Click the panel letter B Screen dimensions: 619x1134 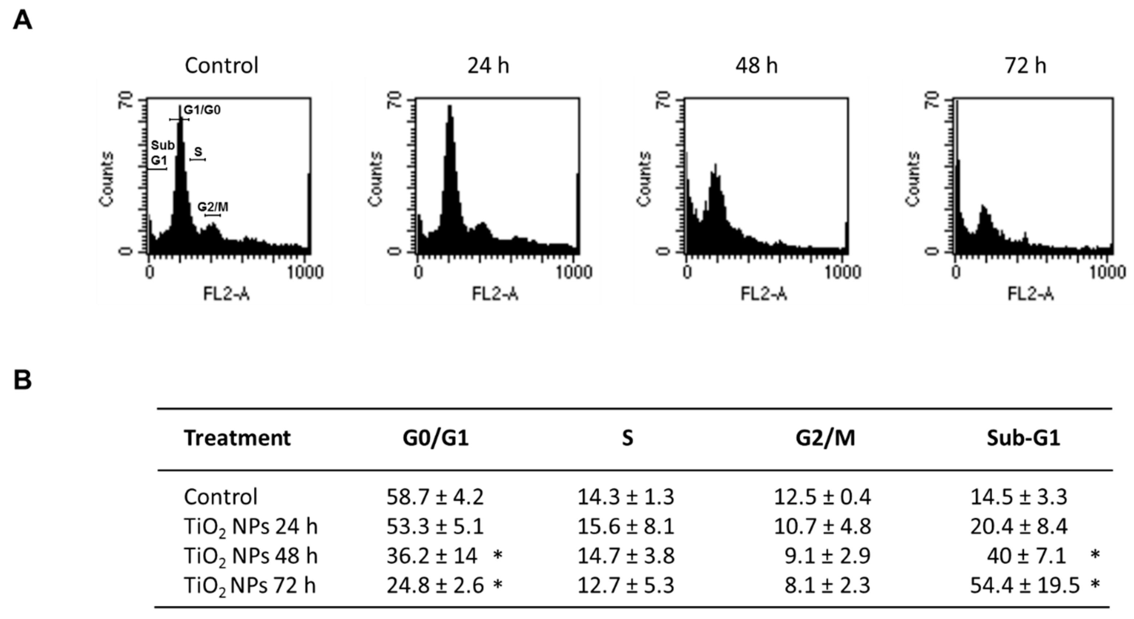23,380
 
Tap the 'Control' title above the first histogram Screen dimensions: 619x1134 222,66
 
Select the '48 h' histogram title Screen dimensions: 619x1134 756,66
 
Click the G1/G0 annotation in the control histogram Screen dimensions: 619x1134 202,110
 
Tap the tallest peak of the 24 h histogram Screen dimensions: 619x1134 449,108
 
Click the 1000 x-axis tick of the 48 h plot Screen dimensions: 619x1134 843,273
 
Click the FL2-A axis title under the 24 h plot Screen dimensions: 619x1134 495,294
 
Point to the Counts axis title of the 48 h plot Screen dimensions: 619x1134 644,179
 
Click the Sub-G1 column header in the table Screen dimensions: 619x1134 1023,438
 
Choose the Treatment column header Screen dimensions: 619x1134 237,438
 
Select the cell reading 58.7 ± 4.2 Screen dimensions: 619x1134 435,497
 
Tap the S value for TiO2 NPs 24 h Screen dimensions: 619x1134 625,527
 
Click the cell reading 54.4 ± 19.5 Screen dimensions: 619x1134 1025,586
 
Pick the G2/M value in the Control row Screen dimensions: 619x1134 822,497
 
